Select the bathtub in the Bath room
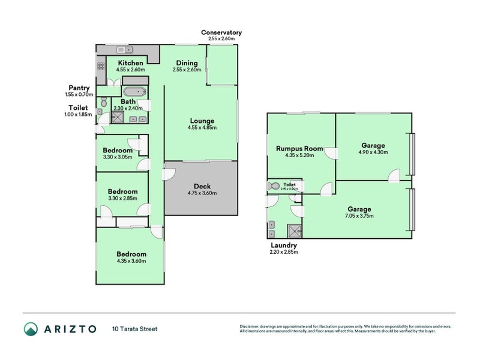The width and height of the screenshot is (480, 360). click(x=134, y=92)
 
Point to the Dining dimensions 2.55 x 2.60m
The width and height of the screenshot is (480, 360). click(x=187, y=70)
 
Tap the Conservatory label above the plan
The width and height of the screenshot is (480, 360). click(x=221, y=32)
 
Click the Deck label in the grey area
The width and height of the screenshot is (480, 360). click(x=202, y=185)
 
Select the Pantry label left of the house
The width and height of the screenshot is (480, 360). click(x=79, y=88)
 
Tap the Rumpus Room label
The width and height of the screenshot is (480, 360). click(x=299, y=148)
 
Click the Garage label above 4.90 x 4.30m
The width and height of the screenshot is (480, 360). click(x=373, y=145)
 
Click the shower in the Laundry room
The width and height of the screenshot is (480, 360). click(x=295, y=230)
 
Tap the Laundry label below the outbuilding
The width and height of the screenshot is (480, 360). click(x=284, y=245)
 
